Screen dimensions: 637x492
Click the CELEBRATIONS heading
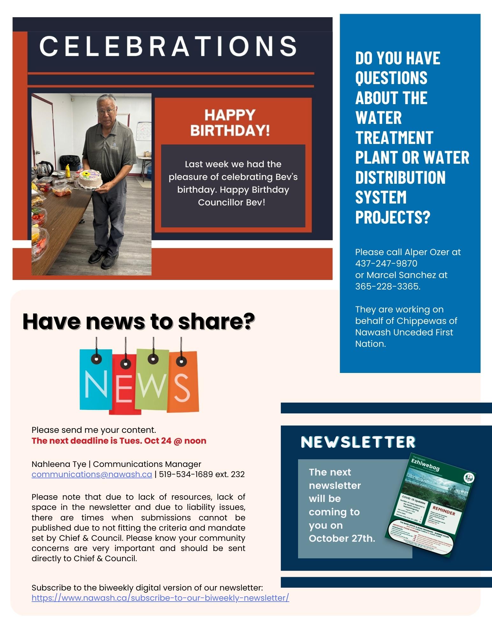168,46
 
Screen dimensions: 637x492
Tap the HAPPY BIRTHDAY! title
230,123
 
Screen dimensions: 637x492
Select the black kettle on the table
45,168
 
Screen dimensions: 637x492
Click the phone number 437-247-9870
386,264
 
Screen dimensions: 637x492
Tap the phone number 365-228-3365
387,287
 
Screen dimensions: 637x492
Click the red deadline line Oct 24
119,441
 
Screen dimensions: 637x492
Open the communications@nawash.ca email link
92,475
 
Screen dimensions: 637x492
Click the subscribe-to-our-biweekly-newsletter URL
160,598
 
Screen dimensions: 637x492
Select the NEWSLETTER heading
358,442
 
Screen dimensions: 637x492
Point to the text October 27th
342,539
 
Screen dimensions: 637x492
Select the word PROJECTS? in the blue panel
393,217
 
